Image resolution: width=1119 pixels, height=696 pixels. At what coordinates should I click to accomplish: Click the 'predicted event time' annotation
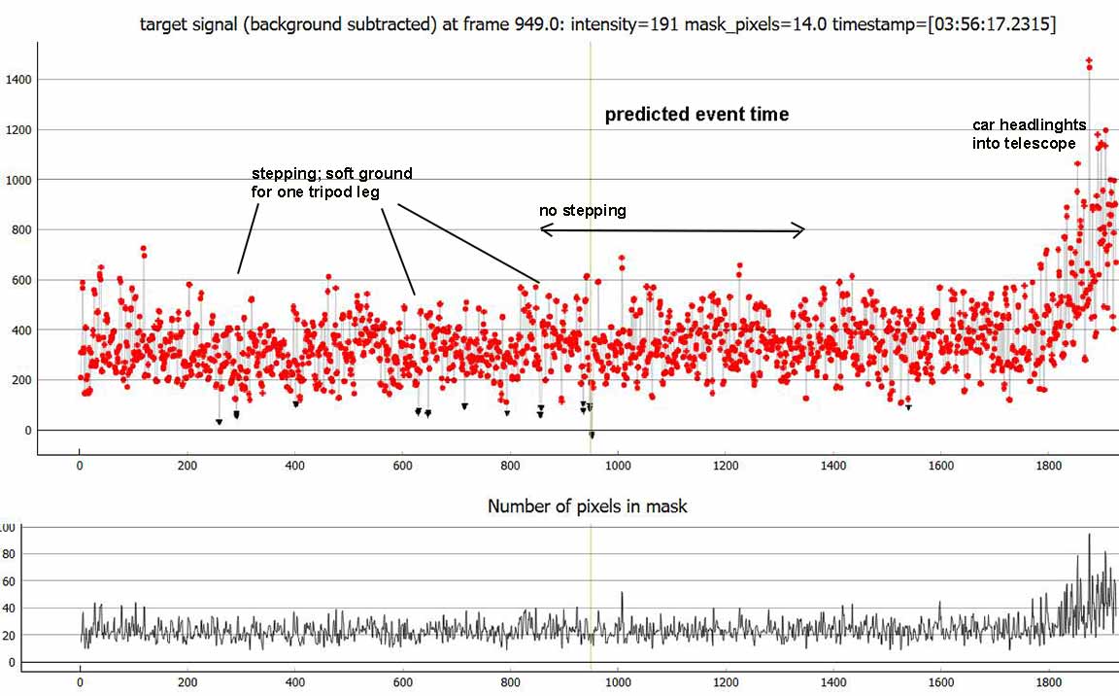[696, 115]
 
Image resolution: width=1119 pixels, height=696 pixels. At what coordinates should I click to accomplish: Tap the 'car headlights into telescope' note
[1024, 134]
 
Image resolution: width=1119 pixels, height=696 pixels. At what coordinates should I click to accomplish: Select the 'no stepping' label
[583, 210]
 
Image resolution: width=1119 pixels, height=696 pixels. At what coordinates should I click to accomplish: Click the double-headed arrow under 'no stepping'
[672, 229]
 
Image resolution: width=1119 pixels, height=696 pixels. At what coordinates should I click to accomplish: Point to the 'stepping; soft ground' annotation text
[331, 182]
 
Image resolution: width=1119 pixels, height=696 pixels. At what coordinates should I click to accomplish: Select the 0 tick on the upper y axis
[27, 430]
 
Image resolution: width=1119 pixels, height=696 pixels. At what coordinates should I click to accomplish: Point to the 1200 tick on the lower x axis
[725, 682]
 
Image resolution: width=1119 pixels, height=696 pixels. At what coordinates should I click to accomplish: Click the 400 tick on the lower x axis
[294, 682]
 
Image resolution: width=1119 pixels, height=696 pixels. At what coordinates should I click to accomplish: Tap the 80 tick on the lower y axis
[9, 554]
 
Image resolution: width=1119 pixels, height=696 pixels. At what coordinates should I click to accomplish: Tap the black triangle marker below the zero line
[592, 435]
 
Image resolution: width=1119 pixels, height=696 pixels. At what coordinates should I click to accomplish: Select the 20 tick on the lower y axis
[9, 635]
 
